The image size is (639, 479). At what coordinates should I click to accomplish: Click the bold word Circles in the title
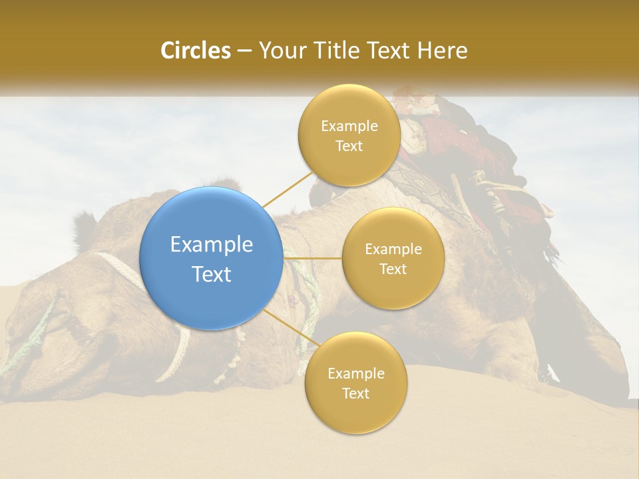click(196, 51)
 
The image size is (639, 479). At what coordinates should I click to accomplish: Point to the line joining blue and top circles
click(288, 188)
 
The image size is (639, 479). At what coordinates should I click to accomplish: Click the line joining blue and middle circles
click(312, 257)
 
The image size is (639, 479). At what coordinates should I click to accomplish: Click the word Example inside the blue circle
click(212, 245)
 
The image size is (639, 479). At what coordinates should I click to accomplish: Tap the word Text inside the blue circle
click(212, 274)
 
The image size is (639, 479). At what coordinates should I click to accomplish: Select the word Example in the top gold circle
click(349, 126)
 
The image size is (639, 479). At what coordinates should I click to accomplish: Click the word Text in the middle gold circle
click(393, 269)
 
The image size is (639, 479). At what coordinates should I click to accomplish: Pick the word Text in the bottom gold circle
click(355, 394)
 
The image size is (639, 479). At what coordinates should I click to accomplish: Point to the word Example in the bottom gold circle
click(356, 374)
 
